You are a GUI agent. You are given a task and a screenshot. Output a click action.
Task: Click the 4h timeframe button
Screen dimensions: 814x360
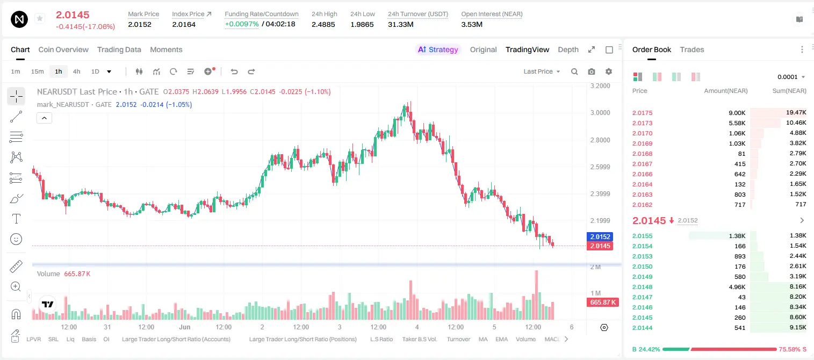(76, 71)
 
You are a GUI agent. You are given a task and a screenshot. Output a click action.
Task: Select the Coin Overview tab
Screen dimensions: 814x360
(63, 49)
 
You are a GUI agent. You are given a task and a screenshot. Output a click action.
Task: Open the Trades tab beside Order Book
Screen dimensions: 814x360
(692, 49)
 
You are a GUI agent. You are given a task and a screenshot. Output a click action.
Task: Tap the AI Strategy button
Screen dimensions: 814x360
(438, 49)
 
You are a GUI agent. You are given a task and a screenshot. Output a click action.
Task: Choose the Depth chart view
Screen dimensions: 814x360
(568, 49)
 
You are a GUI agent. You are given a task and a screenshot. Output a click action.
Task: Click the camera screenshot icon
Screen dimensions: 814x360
(592, 71)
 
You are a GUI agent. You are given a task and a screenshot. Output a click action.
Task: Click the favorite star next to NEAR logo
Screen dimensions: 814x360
(40, 18)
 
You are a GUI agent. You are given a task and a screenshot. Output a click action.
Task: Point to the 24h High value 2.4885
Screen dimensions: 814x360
(323, 24)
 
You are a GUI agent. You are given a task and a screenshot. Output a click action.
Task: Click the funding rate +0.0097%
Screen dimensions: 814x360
(242, 24)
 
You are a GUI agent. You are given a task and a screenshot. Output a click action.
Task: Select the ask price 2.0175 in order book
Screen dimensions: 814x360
(642, 113)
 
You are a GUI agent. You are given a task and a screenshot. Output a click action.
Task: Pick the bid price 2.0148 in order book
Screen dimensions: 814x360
(642, 287)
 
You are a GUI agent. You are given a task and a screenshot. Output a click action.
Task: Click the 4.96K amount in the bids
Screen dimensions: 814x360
(737, 287)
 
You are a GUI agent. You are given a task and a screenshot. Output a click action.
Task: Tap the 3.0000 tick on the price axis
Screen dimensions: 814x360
(600, 113)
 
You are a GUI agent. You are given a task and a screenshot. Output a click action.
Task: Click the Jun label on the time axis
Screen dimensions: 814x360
(185, 327)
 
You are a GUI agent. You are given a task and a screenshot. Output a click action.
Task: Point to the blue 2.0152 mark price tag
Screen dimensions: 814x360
(600, 236)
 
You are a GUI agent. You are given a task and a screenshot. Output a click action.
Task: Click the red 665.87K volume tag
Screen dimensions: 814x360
(602, 303)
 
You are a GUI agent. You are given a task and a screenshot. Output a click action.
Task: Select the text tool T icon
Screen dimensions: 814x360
(16, 219)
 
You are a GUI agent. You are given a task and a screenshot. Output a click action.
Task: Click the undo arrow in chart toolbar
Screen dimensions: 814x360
(234, 71)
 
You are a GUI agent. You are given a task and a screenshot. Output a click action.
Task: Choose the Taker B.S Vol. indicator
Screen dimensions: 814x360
(419, 339)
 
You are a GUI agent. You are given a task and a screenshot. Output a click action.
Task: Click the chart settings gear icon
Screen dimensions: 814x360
(609, 71)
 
